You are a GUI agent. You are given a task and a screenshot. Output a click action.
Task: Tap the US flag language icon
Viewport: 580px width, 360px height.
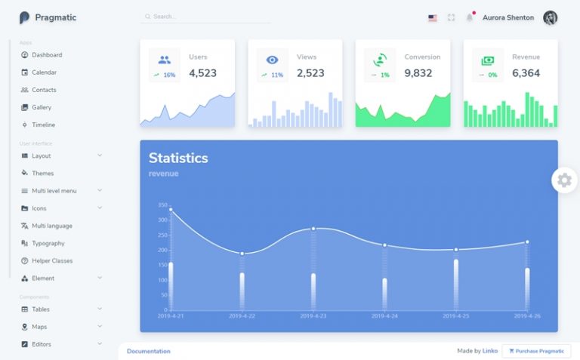click(433, 17)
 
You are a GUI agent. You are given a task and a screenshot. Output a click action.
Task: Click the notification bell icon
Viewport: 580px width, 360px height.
click(469, 17)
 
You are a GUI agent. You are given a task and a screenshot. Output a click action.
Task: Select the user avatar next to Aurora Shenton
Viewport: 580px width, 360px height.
click(551, 17)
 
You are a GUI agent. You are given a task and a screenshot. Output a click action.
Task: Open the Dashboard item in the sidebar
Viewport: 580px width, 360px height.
click(47, 55)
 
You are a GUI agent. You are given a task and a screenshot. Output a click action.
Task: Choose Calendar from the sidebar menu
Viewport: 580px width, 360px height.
click(44, 72)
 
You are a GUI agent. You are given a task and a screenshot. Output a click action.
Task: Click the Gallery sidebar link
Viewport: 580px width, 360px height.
click(42, 107)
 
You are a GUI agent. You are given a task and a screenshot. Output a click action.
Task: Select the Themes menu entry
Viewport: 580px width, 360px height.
click(42, 173)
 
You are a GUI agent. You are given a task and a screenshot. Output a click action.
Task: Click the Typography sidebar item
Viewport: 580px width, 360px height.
click(48, 243)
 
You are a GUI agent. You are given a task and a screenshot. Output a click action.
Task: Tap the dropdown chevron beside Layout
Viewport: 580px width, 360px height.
click(100, 155)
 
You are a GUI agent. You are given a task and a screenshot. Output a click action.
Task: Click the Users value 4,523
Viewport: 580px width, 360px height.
click(202, 73)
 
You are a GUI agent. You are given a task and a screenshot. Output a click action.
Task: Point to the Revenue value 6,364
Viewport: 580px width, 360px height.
click(526, 73)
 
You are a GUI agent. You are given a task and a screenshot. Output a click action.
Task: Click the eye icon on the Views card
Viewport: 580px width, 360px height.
click(272, 60)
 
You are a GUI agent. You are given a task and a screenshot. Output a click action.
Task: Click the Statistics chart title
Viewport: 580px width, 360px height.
click(177, 158)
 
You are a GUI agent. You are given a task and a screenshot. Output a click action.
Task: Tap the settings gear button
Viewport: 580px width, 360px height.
click(564, 180)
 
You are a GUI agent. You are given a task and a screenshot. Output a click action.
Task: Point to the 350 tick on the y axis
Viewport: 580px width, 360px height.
click(162, 205)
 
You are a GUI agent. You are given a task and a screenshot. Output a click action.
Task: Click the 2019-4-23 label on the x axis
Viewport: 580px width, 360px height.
click(313, 316)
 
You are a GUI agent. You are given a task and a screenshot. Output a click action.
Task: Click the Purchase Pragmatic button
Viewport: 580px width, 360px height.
click(536, 351)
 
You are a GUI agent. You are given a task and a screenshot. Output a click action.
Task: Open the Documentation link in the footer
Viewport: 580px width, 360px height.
click(148, 351)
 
